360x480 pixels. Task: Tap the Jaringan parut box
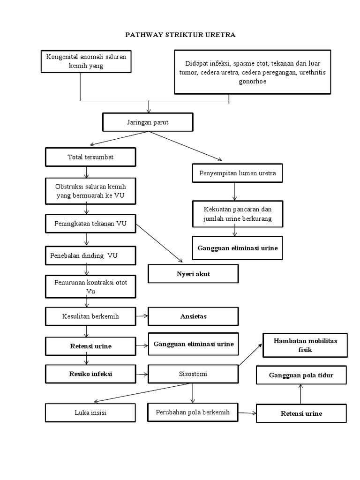click(x=147, y=122)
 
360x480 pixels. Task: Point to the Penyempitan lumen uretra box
click(x=237, y=173)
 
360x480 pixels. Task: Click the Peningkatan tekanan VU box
click(x=90, y=223)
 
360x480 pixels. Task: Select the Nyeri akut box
click(x=193, y=274)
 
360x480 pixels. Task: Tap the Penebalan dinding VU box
click(x=90, y=256)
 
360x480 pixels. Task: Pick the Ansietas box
click(x=193, y=316)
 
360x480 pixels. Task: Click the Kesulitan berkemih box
click(x=90, y=316)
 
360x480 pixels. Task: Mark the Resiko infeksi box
click(x=90, y=374)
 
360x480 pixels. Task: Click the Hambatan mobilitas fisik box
click(x=305, y=345)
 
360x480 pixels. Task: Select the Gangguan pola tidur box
click(x=301, y=375)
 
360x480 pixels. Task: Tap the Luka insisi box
click(x=90, y=413)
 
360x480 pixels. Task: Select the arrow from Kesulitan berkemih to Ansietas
click(x=142, y=316)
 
